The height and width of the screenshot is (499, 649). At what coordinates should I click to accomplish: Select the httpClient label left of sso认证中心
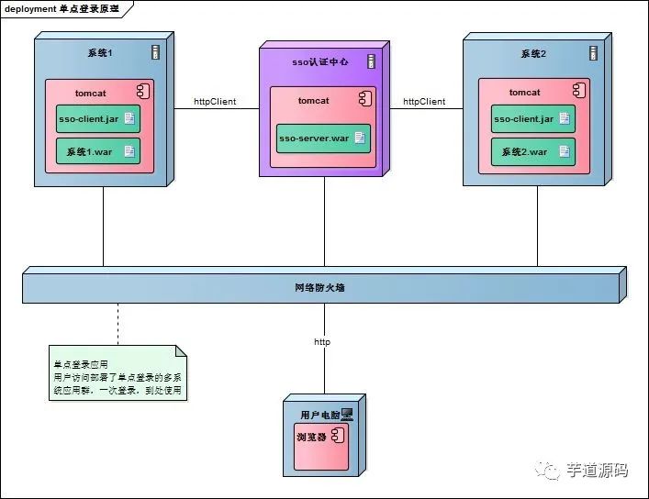[215, 102]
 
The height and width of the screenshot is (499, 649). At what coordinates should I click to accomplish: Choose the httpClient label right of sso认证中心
[424, 102]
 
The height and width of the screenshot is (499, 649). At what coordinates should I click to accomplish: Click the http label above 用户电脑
[322, 342]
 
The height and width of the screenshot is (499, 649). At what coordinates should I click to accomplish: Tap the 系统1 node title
[99, 53]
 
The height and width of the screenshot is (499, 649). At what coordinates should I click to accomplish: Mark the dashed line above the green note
[117, 324]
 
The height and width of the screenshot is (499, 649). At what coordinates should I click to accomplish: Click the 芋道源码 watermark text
[596, 471]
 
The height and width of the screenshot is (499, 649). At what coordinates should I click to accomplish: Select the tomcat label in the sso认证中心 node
[313, 101]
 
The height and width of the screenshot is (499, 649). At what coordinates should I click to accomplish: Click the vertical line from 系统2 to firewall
[537, 227]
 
